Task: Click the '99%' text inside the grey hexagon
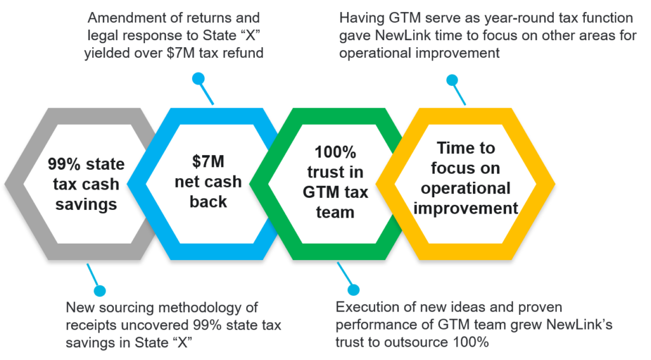(x=65, y=165)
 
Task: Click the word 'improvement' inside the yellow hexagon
(x=465, y=208)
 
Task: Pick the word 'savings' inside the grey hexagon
(x=86, y=204)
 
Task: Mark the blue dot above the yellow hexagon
(x=451, y=80)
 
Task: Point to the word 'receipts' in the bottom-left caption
(x=90, y=325)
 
